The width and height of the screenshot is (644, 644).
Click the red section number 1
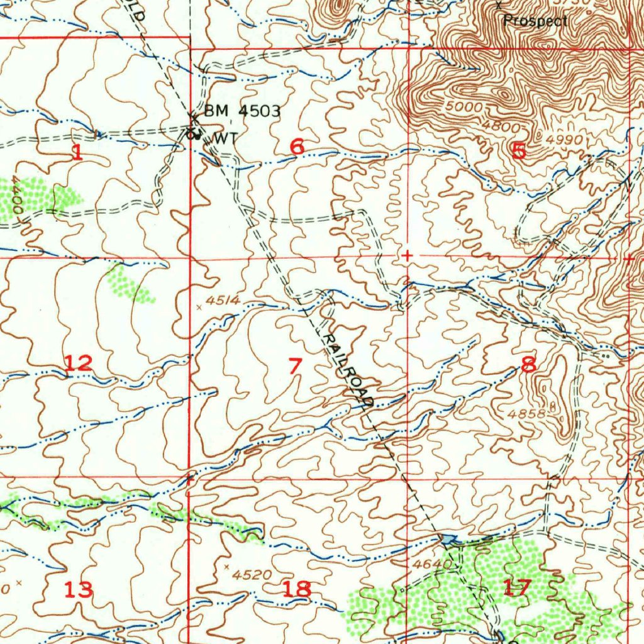[x=77, y=152]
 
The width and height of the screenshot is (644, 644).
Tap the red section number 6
[x=297, y=147]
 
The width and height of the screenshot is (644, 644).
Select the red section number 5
[x=519, y=151]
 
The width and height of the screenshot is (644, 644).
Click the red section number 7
[x=294, y=365]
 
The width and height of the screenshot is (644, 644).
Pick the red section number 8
[x=528, y=364]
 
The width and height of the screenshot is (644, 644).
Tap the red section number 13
[x=79, y=590]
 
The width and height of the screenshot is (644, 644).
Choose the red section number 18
[x=296, y=589]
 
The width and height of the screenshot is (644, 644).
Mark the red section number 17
[x=517, y=587]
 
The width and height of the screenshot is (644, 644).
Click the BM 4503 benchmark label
[x=242, y=111]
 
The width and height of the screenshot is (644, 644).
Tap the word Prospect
[x=535, y=21]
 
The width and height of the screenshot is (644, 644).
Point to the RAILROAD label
[x=348, y=369]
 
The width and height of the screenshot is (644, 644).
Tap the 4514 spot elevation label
[x=223, y=301]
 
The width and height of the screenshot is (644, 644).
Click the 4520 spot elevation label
[x=252, y=574]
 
